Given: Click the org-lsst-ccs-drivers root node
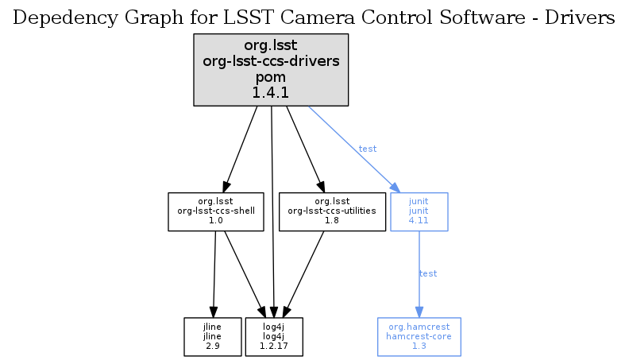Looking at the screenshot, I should (271, 69).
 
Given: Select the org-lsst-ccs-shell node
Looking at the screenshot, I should (215, 211).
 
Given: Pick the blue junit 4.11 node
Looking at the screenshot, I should (419, 211).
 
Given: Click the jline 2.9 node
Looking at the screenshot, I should (212, 336).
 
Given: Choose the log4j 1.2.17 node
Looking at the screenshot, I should (274, 336).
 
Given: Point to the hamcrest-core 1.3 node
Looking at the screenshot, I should (419, 336).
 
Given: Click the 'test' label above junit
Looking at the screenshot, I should (368, 149).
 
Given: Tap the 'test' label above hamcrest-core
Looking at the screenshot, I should (428, 273).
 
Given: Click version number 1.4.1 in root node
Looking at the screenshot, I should (271, 93).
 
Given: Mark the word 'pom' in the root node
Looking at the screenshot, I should (271, 78).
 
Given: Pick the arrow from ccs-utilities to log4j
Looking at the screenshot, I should (303, 274).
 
